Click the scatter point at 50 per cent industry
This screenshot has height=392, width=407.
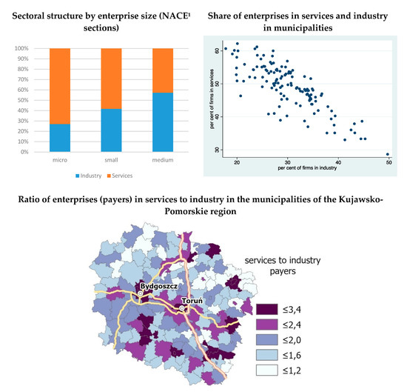pyautogui.click(x=388, y=154)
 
